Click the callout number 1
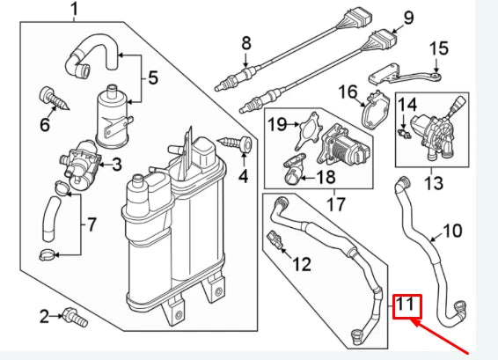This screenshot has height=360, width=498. click(74, 11)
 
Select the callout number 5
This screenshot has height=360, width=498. click(152, 78)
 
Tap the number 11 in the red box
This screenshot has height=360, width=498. click(406, 306)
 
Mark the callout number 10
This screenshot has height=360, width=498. click(451, 231)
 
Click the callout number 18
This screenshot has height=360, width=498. click(326, 177)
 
